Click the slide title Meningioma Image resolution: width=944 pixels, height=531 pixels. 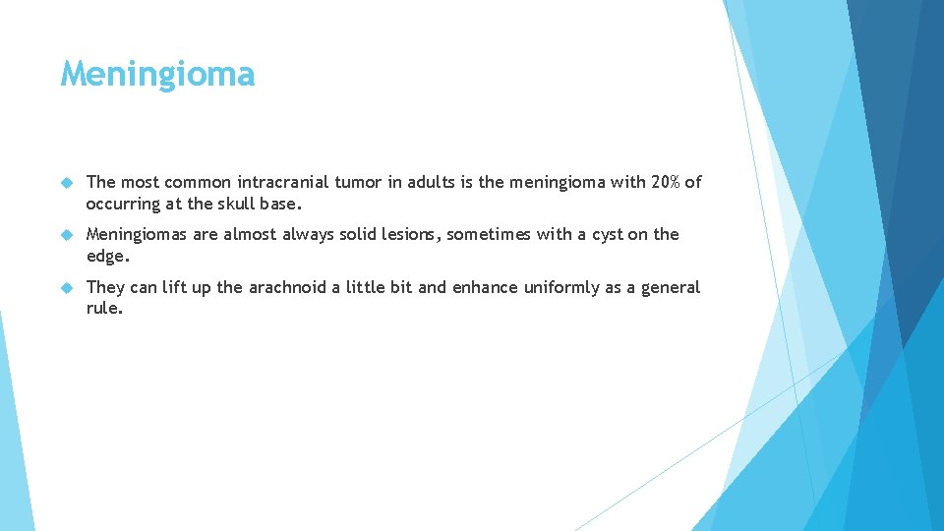click(157, 74)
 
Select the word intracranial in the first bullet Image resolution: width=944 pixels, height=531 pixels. click(280, 182)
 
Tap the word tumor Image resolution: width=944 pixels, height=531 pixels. click(353, 182)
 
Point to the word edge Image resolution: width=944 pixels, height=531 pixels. click(106, 257)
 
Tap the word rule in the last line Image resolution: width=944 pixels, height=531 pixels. click(104, 309)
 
